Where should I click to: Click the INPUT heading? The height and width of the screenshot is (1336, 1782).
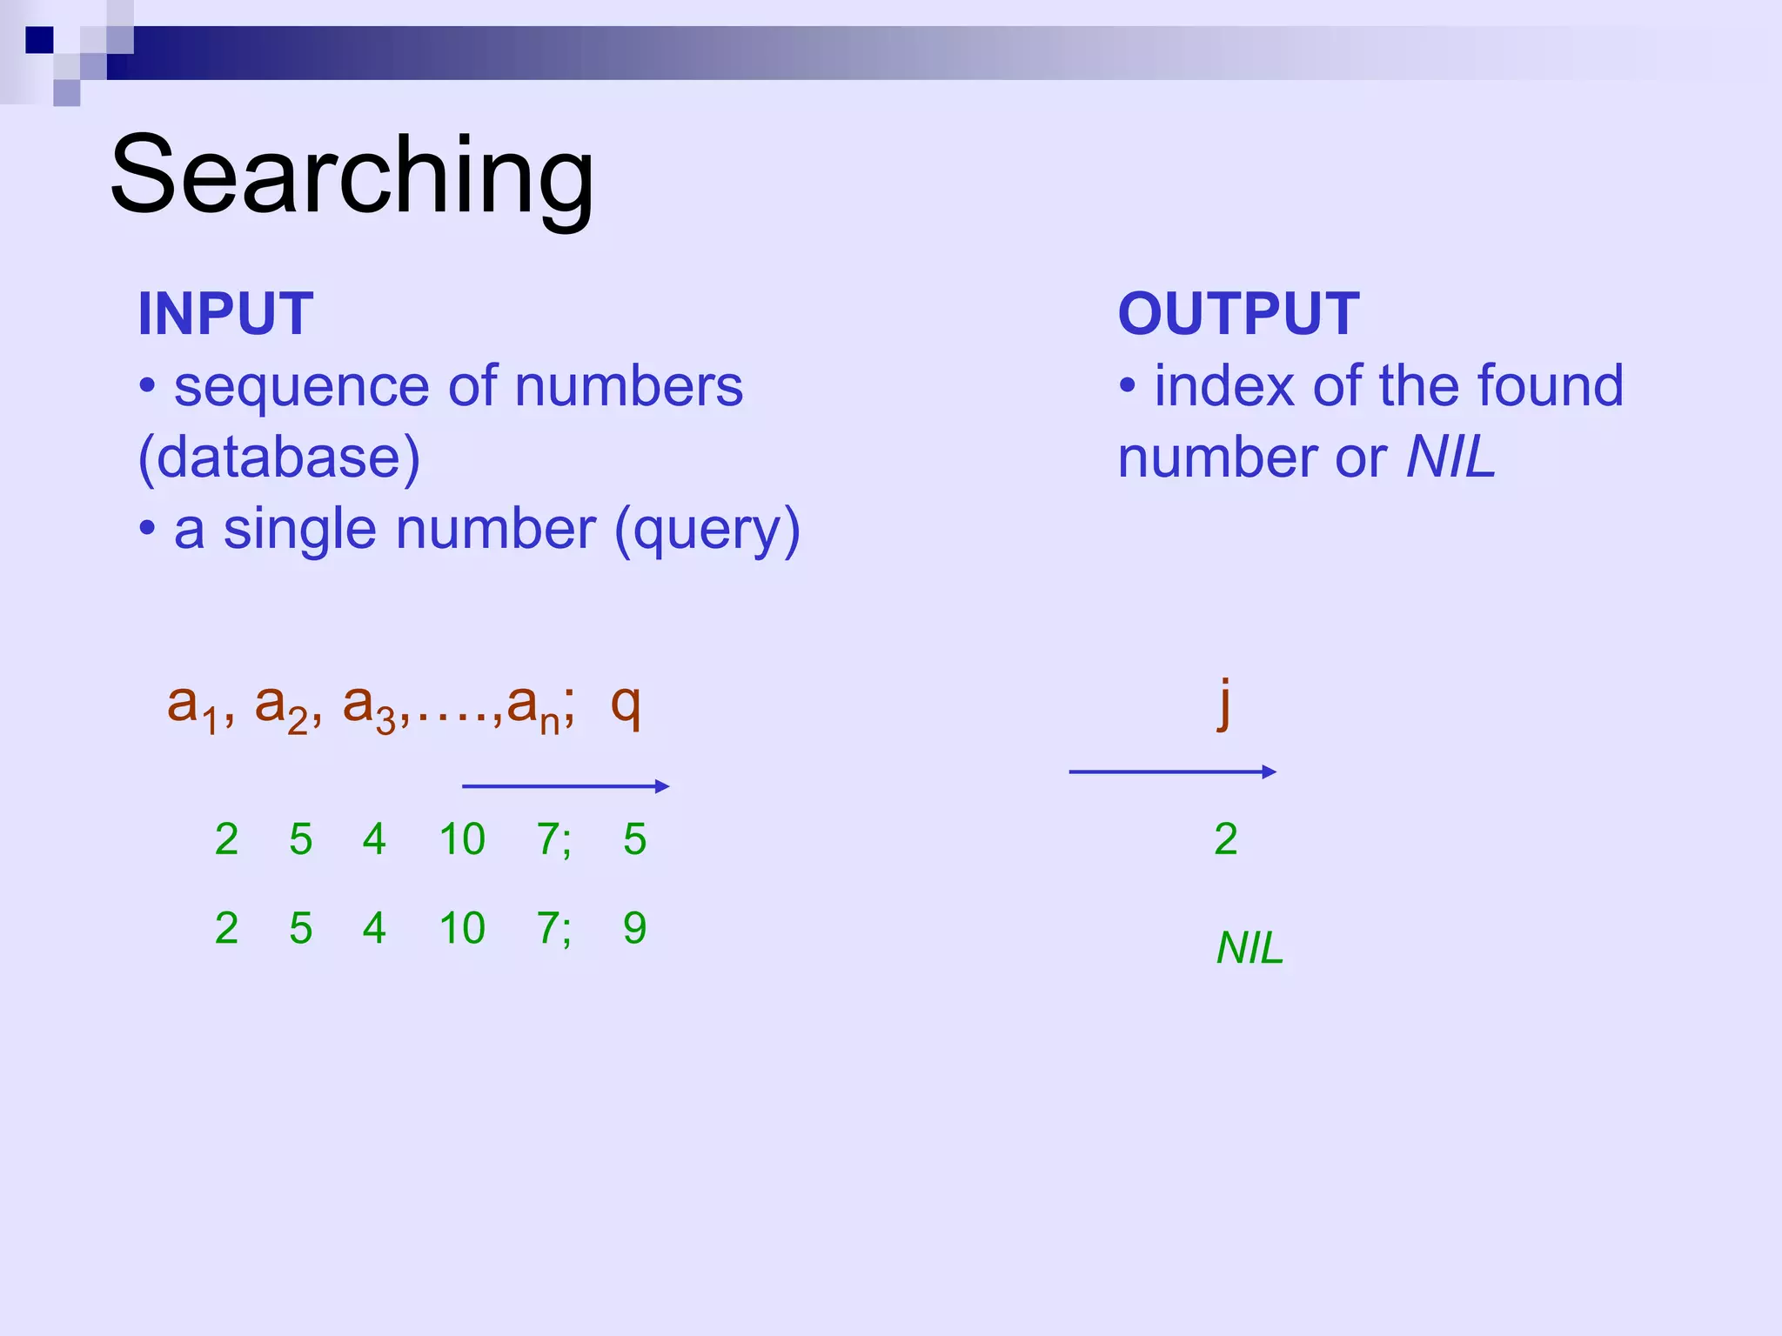coord(225,314)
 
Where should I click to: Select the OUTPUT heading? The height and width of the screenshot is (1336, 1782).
coord(1238,314)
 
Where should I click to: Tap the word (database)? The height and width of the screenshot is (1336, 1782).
coord(278,458)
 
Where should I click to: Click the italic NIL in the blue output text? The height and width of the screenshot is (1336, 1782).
coord(1450,457)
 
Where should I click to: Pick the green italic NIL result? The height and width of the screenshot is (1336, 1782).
coord(1249,948)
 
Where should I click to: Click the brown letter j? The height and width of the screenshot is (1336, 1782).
coord(1224,703)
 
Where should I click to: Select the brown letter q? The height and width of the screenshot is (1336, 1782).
coord(626,705)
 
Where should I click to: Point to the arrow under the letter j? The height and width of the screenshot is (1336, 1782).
coord(1172,772)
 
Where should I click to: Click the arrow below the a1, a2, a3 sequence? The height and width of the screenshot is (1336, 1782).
coord(566,786)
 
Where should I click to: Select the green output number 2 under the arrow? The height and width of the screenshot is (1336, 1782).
coord(1226,839)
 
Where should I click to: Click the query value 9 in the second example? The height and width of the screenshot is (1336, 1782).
coord(634,928)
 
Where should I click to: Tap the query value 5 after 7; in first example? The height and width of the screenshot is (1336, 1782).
coord(634,839)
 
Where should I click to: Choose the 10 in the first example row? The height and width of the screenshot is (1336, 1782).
coord(461,839)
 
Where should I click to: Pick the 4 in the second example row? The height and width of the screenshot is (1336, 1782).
coord(374,928)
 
